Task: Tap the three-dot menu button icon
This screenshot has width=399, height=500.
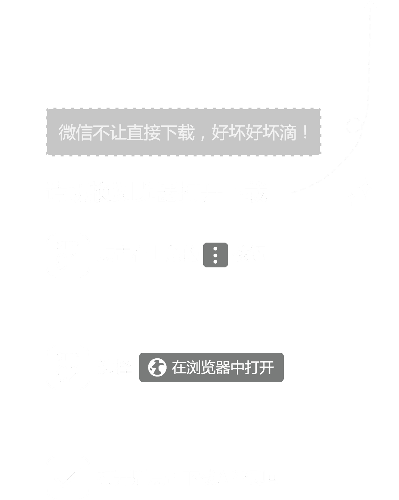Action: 215,255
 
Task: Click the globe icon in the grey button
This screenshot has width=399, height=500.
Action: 157,368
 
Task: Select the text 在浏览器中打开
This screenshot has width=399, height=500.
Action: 223,368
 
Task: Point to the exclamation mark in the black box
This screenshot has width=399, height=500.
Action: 305,132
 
